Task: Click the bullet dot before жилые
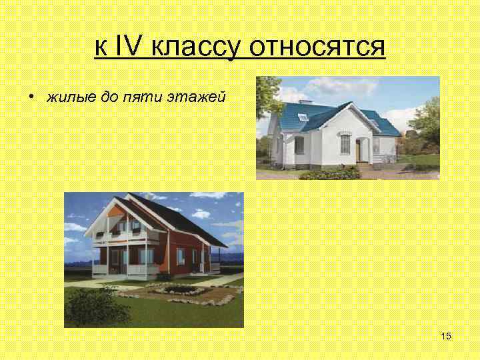pyautogui.click(x=31, y=97)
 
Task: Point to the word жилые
pyautogui.click(x=67, y=97)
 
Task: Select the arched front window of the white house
pyautogui.click(x=345, y=143)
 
